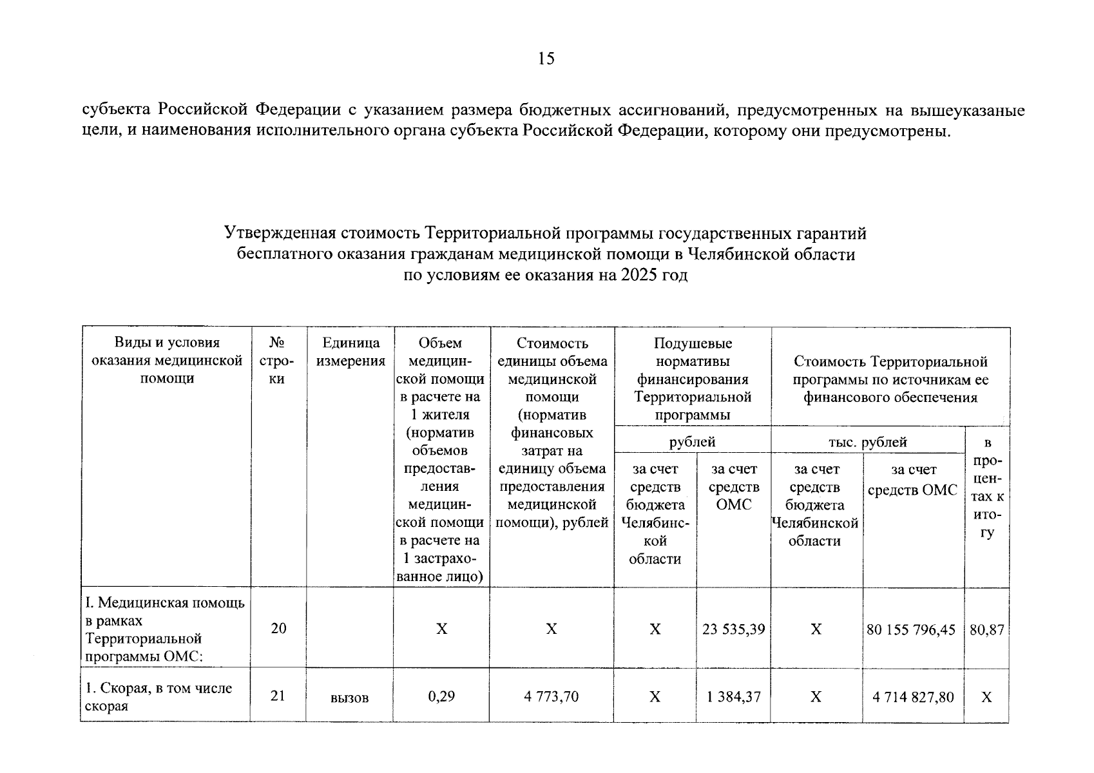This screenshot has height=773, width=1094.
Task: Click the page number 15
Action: tap(546, 59)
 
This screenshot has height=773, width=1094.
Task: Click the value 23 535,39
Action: tap(734, 629)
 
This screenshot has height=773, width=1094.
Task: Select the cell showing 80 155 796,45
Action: tap(911, 629)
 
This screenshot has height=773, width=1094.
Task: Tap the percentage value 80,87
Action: tap(986, 629)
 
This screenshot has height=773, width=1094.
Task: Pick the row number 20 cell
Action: tap(278, 628)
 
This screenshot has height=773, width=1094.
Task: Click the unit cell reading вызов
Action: tap(349, 698)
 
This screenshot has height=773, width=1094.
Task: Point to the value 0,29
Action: tap(441, 696)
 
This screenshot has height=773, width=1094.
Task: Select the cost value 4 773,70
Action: tap(551, 696)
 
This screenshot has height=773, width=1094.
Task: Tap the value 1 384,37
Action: tap(734, 696)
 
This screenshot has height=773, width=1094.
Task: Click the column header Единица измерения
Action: tap(350, 352)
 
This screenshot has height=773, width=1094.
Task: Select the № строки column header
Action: tap(277, 361)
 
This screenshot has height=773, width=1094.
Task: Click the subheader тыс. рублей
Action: tap(867, 442)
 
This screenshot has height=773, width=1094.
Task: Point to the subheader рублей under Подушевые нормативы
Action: tap(693, 442)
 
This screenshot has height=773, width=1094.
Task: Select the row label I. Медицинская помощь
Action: tap(165, 604)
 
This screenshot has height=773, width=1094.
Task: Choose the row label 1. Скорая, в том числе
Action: tap(158, 688)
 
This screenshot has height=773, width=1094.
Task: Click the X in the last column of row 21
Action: tap(986, 697)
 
